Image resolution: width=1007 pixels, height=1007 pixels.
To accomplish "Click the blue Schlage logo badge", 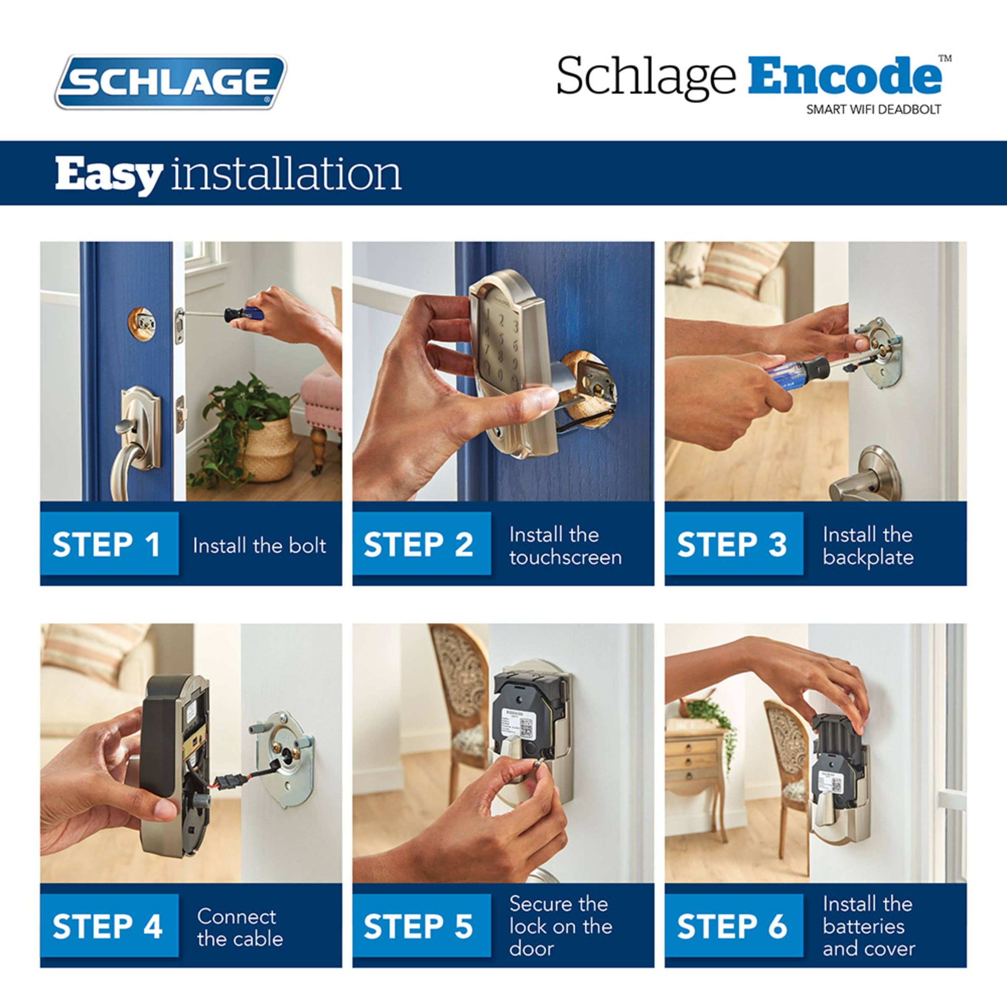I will pos(171,82).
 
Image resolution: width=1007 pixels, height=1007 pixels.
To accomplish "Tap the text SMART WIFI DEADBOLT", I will pos(874,110).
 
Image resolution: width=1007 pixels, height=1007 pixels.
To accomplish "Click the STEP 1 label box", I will pos(109,544).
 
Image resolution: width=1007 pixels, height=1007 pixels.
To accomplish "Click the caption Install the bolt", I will pos(259,546).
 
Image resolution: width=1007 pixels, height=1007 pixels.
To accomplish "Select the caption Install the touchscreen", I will pos(566,546).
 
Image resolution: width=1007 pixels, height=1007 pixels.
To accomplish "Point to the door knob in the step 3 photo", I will pos(865,474).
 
